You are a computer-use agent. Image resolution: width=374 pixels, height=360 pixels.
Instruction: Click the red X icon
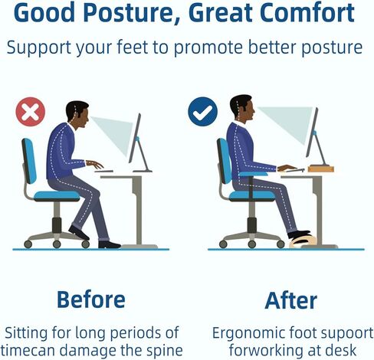click(31, 112)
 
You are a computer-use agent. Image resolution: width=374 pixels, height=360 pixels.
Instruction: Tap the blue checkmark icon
click(202, 112)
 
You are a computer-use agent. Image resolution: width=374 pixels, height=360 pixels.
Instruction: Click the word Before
click(91, 299)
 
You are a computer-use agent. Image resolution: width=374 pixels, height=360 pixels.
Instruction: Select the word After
click(291, 300)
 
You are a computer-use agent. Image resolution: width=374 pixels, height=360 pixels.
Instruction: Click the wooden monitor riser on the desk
click(321, 169)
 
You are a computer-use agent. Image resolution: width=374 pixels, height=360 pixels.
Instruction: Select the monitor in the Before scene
click(138, 142)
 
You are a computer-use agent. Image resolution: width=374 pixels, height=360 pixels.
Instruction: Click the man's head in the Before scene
click(77, 115)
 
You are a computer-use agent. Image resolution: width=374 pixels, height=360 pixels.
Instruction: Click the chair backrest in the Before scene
click(29, 161)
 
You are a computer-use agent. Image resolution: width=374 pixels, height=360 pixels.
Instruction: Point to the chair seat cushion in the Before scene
click(57, 196)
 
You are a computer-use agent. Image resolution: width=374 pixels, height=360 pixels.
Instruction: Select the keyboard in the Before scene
click(103, 171)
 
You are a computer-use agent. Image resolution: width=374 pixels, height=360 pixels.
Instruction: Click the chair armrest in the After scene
click(254, 174)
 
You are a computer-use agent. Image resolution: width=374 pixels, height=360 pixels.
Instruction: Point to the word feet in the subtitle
click(133, 47)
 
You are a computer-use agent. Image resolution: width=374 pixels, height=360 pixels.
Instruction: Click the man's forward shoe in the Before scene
click(109, 244)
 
